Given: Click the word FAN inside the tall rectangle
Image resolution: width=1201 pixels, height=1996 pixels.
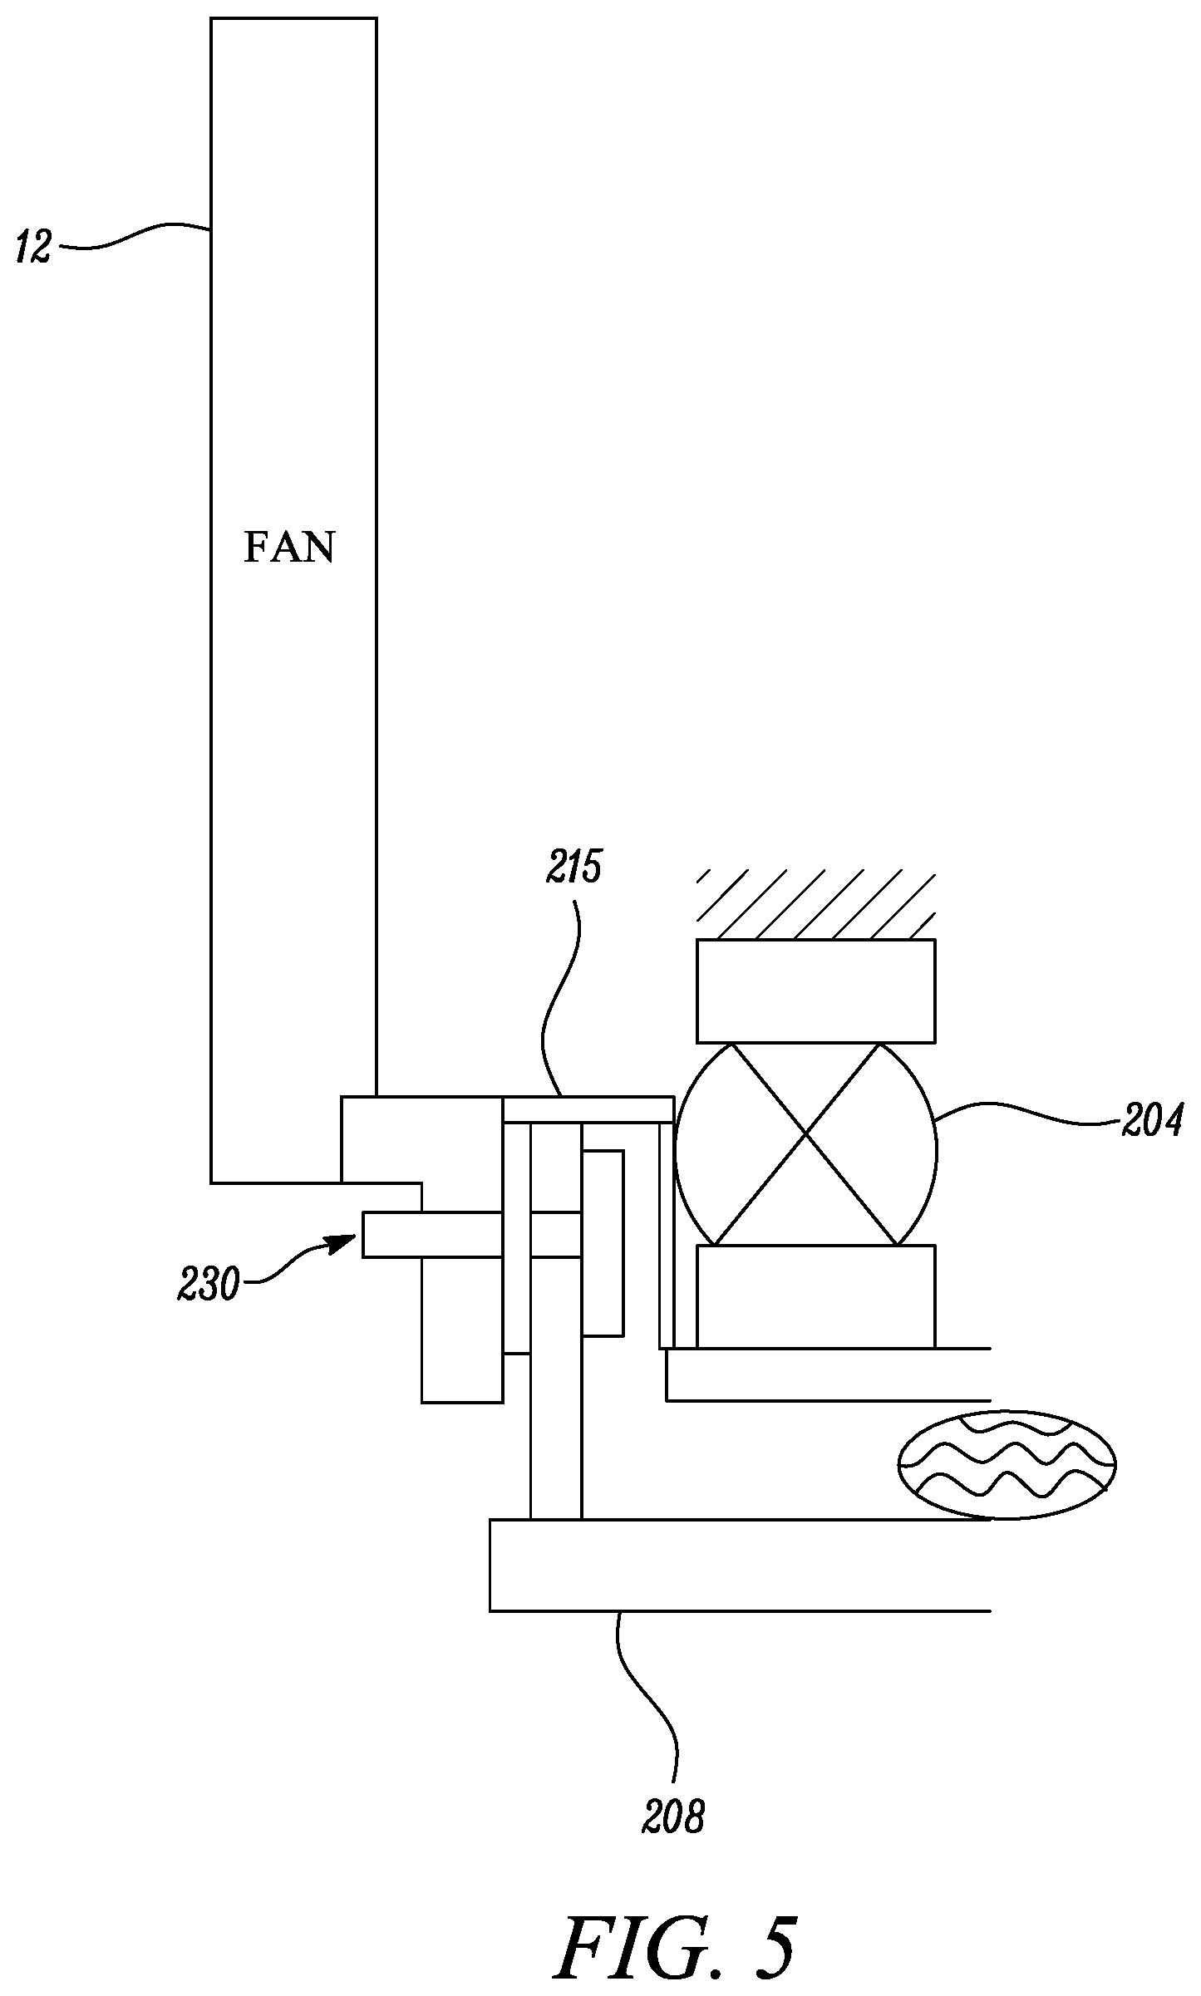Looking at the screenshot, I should [x=288, y=548].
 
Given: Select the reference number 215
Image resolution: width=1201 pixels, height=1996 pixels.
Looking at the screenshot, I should [x=573, y=869].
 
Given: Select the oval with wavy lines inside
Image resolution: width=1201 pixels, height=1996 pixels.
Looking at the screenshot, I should [x=1007, y=1465].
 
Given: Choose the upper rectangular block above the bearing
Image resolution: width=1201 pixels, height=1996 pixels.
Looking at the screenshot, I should [x=815, y=991].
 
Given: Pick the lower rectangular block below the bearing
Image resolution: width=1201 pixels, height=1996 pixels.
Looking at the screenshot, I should [x=815, y=1295].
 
